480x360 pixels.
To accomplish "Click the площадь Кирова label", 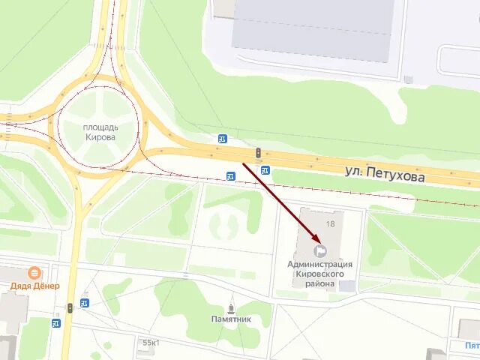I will (x=100, y=131).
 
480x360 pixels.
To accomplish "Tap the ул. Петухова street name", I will (x=385, y=174).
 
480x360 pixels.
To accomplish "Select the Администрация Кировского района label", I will (x=319, y=274).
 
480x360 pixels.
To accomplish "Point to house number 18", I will (x=330, y=223).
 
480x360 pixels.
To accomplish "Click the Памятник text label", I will (x=230, y=319).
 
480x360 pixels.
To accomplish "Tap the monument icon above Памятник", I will (x=230, y=307).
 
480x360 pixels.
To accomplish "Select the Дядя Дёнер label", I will (x=34, y=285).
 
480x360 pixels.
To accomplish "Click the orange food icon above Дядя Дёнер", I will (x=34, y=273).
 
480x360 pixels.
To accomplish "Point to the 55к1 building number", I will (x=150, y=343).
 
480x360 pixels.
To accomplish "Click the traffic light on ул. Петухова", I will (x=258, y=153).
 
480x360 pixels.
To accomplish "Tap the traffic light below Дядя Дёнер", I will (x=70, y=307).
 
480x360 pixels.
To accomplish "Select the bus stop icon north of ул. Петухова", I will (x=223, y=139).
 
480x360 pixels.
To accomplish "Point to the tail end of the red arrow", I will (x=243, y=163).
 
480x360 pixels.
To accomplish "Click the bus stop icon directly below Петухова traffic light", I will (x=265, y=170).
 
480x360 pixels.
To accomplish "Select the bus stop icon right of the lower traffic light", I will (x=84, y=302).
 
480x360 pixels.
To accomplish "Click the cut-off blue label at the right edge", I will (x=472, y=346).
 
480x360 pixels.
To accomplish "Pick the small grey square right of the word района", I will (x=347, y=286).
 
